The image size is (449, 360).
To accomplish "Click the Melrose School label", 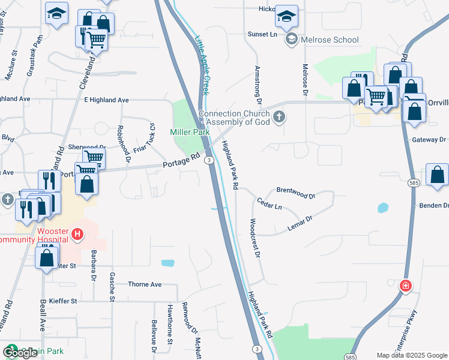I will click(330, 40).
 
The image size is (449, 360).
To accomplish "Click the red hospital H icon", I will click(77, 233).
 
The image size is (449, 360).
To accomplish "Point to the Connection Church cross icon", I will click(278, 116).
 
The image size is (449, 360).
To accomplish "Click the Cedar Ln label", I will click(269, 203).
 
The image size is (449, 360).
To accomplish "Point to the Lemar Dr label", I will click(301, 224).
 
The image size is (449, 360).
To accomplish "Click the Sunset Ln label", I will click(262, 34).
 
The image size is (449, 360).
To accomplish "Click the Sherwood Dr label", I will click(86, 147).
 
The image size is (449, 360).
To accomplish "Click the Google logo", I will click(19, 352).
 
